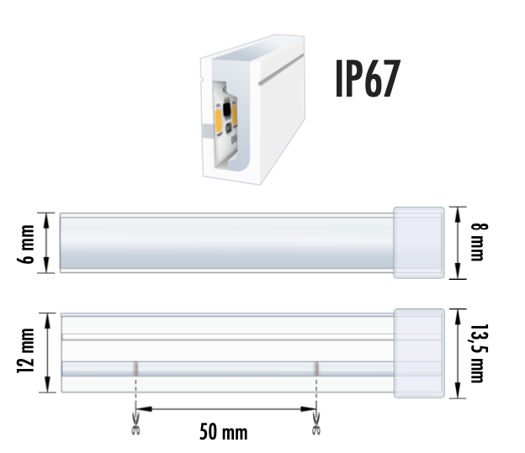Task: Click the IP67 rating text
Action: [x=366, y=78]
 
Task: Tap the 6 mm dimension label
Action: [x=28, y=243]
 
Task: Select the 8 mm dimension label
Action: [x=477, y=241]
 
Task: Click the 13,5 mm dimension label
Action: [x=477, y=353]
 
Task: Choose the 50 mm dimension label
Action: [x=224, y=432]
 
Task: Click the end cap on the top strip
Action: [x=419, y=241]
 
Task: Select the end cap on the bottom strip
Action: [x=419, y=353]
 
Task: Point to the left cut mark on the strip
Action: [x=135, y=368]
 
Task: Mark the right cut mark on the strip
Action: [x=316, y=368]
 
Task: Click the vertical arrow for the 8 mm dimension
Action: [x=457, y=242]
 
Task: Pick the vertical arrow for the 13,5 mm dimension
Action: [x=457, y=353]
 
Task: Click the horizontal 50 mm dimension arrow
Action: [x=225, y=410]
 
